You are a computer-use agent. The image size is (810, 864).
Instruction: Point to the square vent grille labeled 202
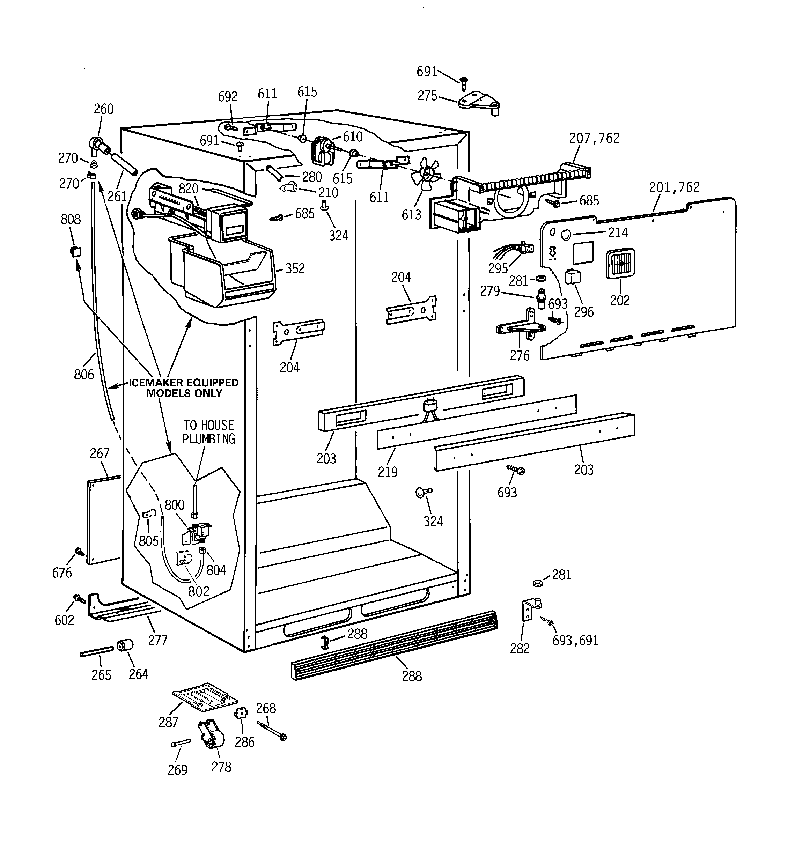tap(620, 263)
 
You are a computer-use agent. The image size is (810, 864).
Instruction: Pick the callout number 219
tap(388, 472)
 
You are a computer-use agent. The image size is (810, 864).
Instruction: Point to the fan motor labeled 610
tap(322, 151)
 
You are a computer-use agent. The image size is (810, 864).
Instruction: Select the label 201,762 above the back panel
tap(674, 187)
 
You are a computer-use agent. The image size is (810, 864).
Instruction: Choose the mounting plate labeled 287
tap(204, 697)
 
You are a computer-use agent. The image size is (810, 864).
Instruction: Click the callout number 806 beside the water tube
tap(84, 374)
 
